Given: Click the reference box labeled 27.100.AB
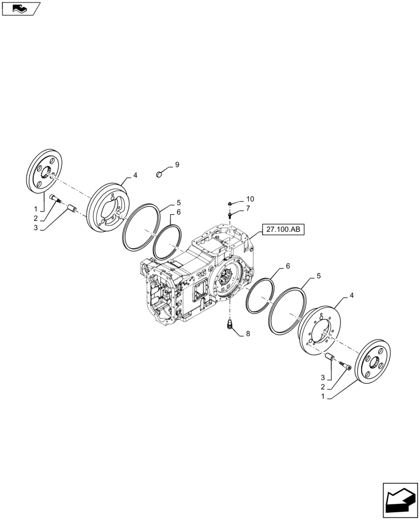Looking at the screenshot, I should (284, 229).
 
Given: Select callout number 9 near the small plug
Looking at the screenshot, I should (177, 165).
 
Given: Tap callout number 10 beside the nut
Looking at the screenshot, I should (250, 199).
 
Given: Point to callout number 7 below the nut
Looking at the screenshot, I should (248, 209).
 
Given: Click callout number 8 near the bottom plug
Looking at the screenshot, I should (248, 334).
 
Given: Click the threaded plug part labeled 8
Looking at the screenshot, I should (229, 326).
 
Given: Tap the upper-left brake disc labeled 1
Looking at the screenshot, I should (45, 172).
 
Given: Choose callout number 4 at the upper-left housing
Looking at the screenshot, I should (135, 176).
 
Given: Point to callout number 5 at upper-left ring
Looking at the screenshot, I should (178, 203).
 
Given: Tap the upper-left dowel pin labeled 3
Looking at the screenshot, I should (72, 210).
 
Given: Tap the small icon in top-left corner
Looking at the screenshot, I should (20, 8).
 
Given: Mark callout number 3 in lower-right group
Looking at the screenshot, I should (323, 376).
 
